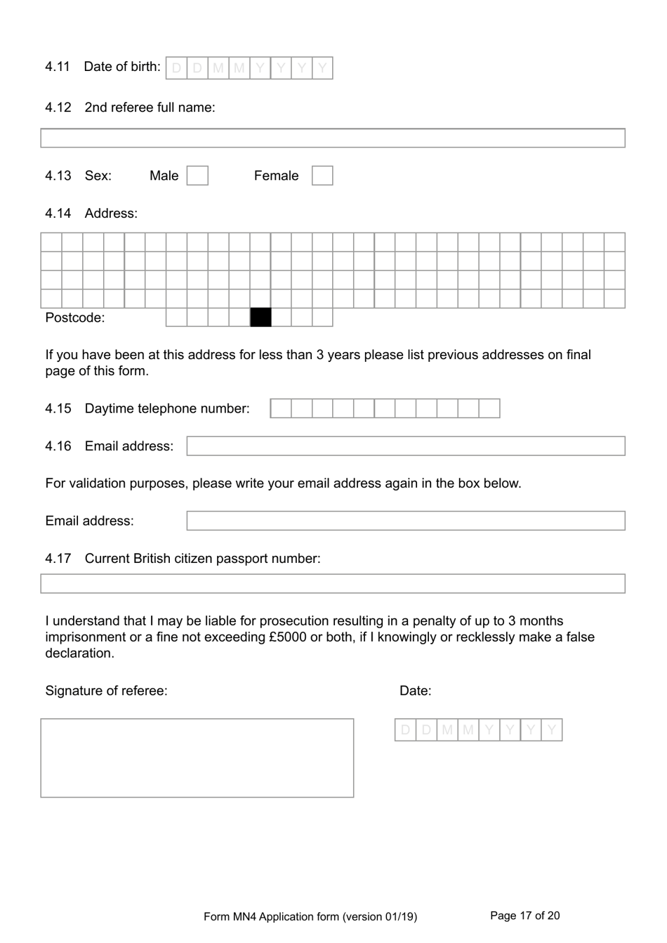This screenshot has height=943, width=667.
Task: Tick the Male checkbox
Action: pyautogui.click(x=197, y=176)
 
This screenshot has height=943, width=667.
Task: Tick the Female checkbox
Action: pyautogui.click(x=322, y=176)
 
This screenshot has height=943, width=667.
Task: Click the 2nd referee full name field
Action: pyautogui.click(x=332, y=138)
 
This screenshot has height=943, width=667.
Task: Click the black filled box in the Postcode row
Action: pyautogui.click(x=260, y=318)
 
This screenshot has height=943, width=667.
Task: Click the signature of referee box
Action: pyautogui.click(x=197, y=757)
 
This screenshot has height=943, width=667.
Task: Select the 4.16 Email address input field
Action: pyautogui.click(x=405, y=446)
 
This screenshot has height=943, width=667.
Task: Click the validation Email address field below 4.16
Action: pyautogui.click(x=405, y=521)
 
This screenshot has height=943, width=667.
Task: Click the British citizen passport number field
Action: pyautogui.click(x=332, y=584)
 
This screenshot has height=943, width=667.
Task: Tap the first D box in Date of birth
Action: pyautogui.click(x=176, y=68)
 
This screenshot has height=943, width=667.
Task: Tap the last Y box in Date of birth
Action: pyautogui.click(x=322, y=68)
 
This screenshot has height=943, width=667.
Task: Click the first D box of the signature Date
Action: pyautogui.click(x=405, y=730)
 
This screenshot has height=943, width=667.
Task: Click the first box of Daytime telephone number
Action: pyautogui.click(x=281, y=408)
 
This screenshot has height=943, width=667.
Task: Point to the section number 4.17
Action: pyautogui.click(x=58, y=559)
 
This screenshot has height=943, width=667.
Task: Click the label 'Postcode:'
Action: pyautogui.click(x=74, y=318)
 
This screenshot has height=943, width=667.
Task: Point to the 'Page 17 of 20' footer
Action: pyautogui.click(x=524, y=916)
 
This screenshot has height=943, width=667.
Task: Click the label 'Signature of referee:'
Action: pyautogui.click(x=106, y=691)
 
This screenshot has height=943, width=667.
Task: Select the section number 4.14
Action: pyautogui.click(x=58, y=214)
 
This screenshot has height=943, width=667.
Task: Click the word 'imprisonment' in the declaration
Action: pyautogui.click(x=85, y=637)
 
